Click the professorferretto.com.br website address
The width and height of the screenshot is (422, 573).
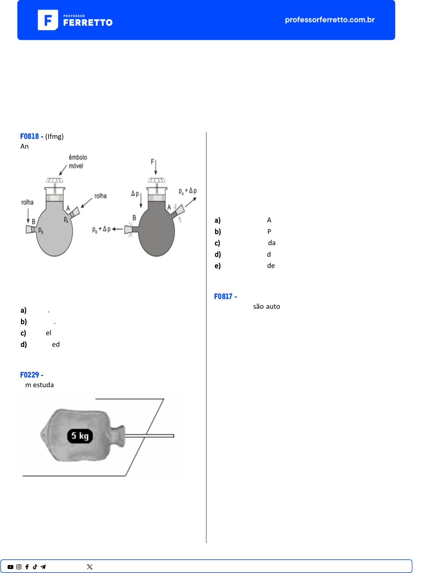pyautogui.click(x=330, y=20)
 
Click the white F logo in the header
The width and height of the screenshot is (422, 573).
pyautogui.click(x=48, y=20)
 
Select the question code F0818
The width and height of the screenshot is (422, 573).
pyautogui.click(x=29, y=136)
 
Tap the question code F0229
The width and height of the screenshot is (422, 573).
pyautogui.click(x=29, y=375)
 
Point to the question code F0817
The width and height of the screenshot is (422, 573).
pyautogui.click(x=223, y=296)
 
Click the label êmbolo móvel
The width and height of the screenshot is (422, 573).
pyautogui.click(x=78, y=162)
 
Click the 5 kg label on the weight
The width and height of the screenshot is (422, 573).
pyautogui.click(x=80, y=436)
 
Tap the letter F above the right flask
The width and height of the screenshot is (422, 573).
pyautogui.click(x=152, y=162)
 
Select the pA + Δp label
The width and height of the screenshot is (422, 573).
pyautogui.click(x=188, y=191)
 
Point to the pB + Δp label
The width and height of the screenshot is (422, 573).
pyautogui.click(x=101, y=230)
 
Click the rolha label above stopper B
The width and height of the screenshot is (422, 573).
pyautogui.click(x=28, y=202)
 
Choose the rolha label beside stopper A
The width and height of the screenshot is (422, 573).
pyautogui.click(x=100, y=196)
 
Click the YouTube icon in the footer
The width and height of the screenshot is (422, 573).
pyautogui.click(x=10, y=567)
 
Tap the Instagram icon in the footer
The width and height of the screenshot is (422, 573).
pyautogui.click(x=19, y=567)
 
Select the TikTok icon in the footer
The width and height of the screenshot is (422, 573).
pyautogui.click(x=35, y=567)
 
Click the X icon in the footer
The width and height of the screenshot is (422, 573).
pyautogui.click(x=90, y=567)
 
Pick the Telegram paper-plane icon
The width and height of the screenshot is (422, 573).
pyautogui.click(x=43, y=567)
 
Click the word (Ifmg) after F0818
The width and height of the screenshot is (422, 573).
pyautogui.click(x=55, y=137)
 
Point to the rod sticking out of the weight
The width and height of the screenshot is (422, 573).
pyautogui.click(x=149, y=436)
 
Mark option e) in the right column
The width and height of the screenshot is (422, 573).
pyautogui.click(x=218, y=266)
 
